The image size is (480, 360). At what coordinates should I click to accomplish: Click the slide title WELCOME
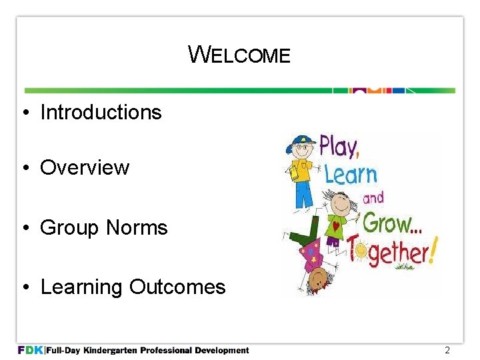239,55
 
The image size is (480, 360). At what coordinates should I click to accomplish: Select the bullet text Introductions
101,112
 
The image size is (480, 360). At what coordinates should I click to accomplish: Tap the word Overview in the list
85,167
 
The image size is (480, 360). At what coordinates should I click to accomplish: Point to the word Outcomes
177,287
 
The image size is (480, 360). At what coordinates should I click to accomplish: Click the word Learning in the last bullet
82,287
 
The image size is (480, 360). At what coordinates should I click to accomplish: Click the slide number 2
447,350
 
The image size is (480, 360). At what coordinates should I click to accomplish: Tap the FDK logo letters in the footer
30,350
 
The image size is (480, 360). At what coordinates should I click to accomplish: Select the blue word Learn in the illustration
351,175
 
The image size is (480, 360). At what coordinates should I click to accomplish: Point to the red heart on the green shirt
336,226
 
